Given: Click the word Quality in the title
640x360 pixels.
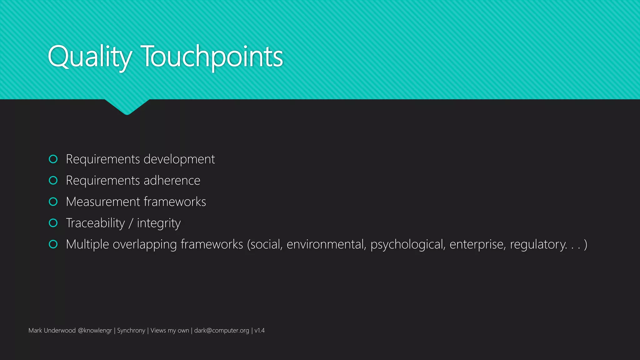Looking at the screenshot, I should pos(90,57).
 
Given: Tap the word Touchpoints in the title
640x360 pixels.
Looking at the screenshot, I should pos(212,57).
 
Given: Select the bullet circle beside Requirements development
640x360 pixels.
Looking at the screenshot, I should pos(53,159).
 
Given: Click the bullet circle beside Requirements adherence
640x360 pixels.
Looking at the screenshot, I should pos(53,180).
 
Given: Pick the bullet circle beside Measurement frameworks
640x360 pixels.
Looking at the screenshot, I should pos(53,202).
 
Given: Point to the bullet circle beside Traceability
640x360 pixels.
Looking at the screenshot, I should pos(53,223).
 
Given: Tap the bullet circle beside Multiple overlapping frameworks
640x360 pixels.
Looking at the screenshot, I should pos(53,244).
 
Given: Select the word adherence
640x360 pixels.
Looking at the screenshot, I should pos(172,181).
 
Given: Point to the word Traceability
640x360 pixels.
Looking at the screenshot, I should pos(95,223).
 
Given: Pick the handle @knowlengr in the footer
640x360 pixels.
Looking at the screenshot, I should pos(95,331).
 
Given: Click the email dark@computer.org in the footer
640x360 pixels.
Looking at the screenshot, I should pos(222,331).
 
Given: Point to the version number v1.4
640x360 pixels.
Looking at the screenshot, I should pos(259,331).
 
